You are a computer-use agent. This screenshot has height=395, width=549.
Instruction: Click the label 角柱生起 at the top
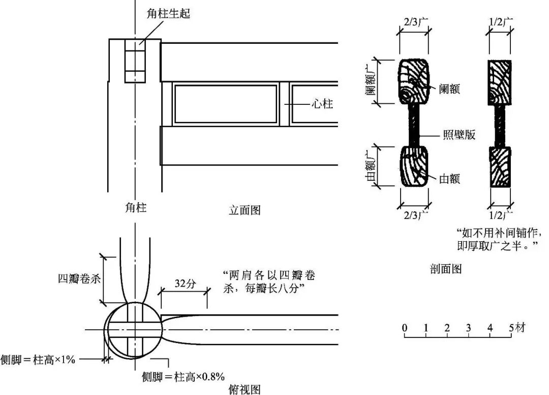(x=168, y=13)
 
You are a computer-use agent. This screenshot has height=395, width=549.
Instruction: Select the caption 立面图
(x=245, y=210)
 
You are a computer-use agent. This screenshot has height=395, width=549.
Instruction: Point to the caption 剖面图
(x=445, y=269)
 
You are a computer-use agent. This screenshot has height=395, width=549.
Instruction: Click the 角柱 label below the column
(x=135, y=208)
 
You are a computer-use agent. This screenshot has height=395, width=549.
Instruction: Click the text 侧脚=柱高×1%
(x=38, y=359)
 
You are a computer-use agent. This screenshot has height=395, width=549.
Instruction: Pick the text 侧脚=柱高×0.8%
(x=183, y=377)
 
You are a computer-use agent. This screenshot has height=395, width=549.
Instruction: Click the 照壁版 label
(x=459, y=135)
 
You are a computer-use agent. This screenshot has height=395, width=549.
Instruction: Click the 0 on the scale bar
(x=405, y=328)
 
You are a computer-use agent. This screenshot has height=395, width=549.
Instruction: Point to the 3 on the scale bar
(x=468, y=328)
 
